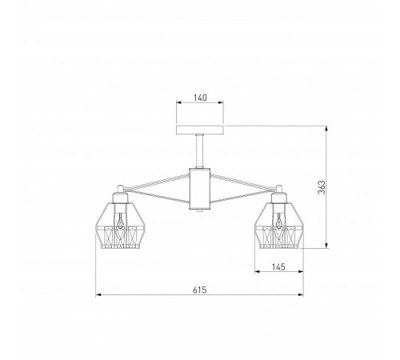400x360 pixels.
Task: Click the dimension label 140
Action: (x=200, y=98)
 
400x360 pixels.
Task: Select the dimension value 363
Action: (x=322, y=187)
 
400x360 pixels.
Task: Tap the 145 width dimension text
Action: (x=278, y=267)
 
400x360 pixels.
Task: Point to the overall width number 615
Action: (x=200, y=290)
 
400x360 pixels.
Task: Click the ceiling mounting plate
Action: (x=200, y=130)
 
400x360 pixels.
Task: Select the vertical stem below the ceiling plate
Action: (x=199, y=151)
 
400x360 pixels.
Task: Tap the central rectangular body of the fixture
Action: (x=200, y=189)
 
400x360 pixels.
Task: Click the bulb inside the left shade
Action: (x=121, y=220)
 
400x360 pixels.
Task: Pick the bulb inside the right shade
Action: (x=279, y=220)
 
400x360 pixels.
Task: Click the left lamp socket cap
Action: (x=120, y=198)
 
